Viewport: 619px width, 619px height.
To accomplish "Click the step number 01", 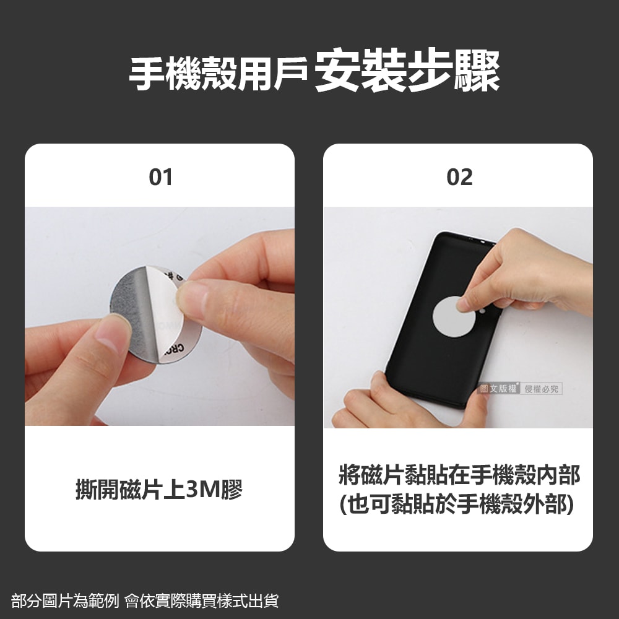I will [160, 178].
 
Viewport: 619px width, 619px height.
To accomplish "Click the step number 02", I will [459, 178].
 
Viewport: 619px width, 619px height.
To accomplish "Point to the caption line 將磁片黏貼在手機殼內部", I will [459, 475].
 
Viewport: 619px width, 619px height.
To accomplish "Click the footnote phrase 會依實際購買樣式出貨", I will [202, 600].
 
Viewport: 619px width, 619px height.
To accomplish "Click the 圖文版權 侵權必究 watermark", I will [521, 389].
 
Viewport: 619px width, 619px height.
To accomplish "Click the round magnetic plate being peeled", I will [155, 316].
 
